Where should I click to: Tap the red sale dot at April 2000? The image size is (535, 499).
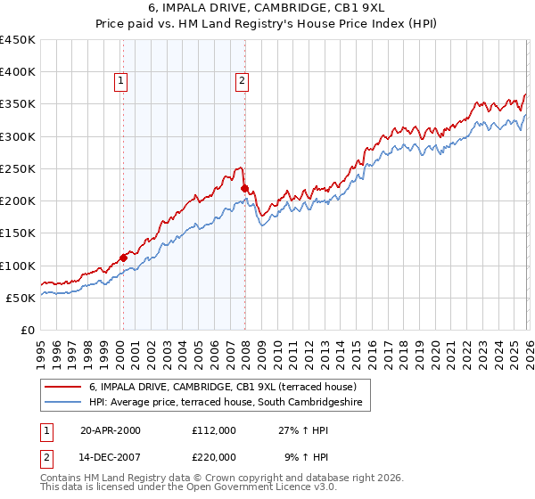tap(123, 258)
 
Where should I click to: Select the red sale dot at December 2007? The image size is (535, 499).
tap(244, 188)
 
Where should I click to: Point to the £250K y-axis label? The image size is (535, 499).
tap(18, 168)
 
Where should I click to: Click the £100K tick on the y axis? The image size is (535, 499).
tap(18, 266)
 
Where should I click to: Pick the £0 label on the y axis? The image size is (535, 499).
tap(27, 330)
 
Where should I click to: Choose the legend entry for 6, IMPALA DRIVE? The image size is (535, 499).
tap(223, 387)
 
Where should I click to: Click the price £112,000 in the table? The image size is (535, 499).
tap(214, 429)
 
